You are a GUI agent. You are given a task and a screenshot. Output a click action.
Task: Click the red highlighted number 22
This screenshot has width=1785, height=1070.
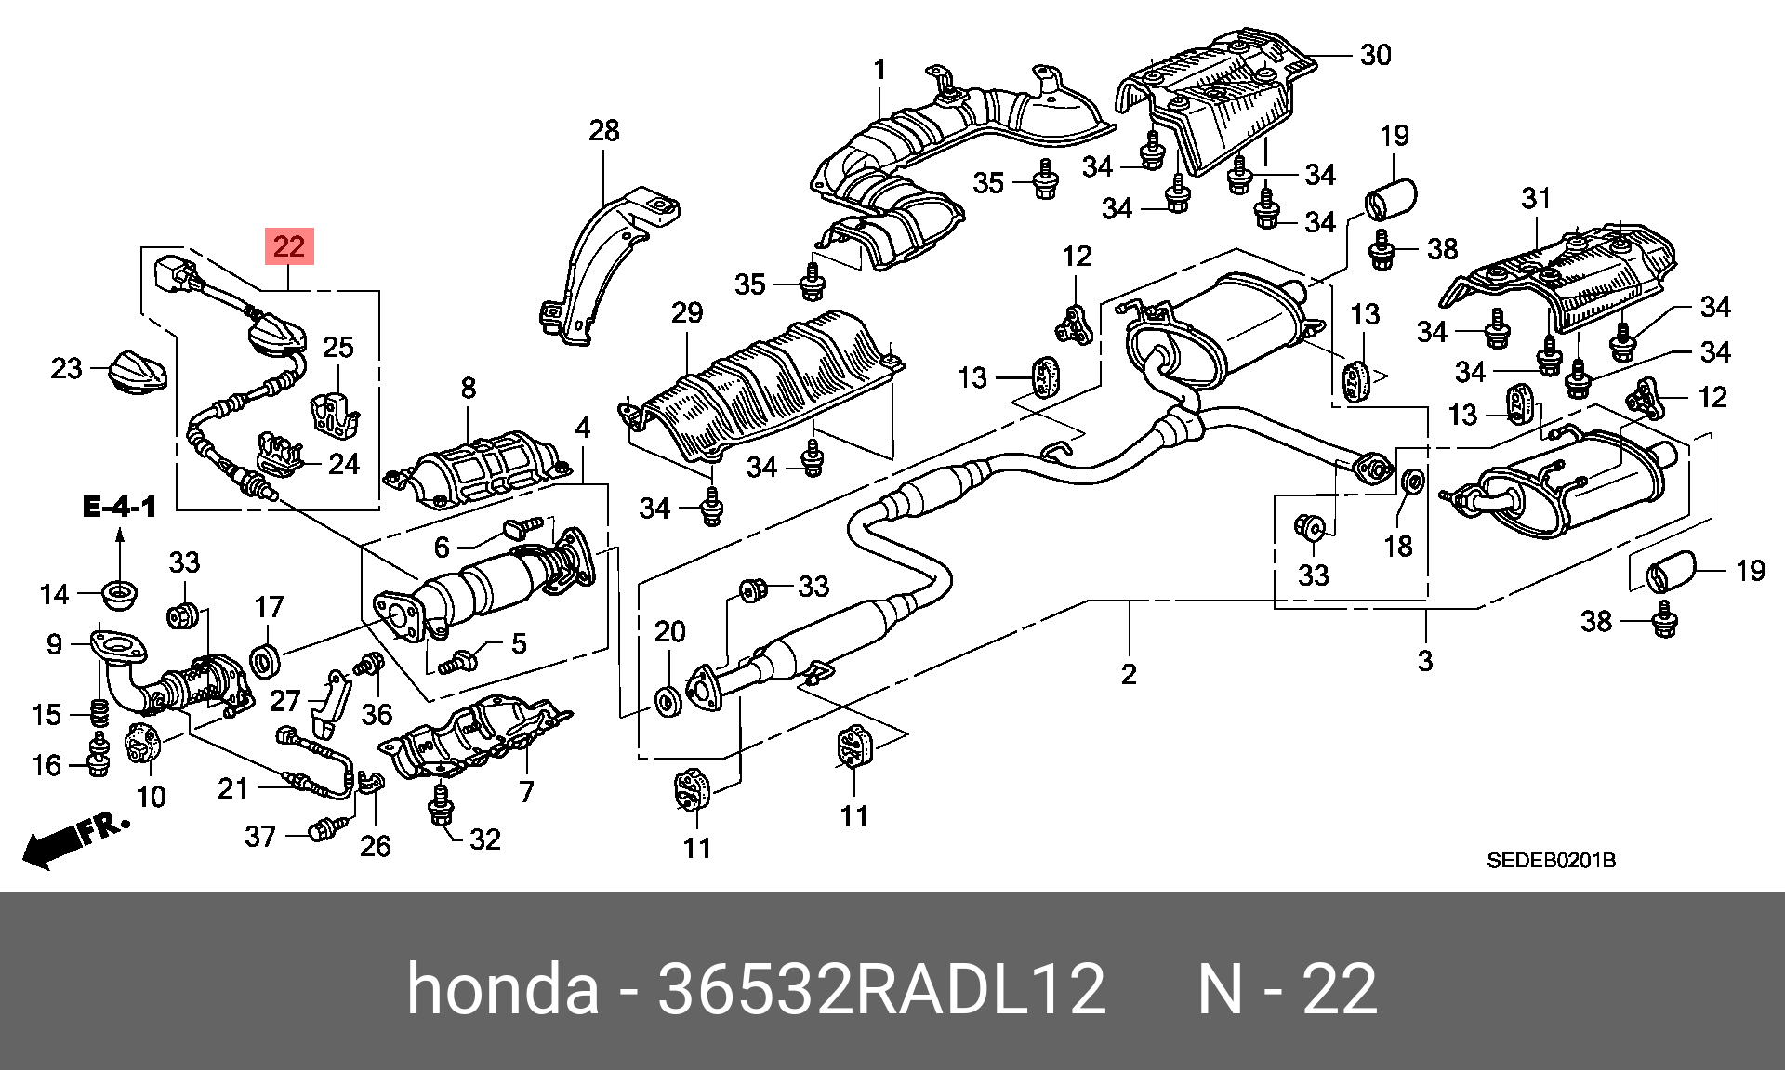tap(289, 246)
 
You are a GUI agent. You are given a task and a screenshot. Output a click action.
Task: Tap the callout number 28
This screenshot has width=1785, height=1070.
tap(603, 131)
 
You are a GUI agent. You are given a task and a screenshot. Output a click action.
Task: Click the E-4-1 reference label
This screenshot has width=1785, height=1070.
tap(119, 507)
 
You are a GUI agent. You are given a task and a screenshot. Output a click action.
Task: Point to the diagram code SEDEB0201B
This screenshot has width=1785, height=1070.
tap(1551, 860)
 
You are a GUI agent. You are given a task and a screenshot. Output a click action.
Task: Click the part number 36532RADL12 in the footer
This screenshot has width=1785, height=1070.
tap(881, 988)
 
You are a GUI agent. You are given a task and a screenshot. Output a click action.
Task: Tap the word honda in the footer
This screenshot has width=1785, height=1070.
tap(503, 988)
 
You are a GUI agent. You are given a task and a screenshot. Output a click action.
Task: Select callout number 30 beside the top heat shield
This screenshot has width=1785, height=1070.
tap(1375, 56)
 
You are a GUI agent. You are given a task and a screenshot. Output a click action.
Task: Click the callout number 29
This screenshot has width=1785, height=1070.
tap(687, 312)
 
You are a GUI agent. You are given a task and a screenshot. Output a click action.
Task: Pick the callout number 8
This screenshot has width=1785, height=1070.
tap(468, 388)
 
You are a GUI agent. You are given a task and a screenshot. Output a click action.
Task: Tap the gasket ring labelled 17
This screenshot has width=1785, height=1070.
tap(266, 661)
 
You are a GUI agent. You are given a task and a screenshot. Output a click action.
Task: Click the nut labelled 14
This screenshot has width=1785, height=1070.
tap(119, 593)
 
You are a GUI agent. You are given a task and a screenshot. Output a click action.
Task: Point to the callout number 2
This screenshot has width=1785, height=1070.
tap(1129, 674)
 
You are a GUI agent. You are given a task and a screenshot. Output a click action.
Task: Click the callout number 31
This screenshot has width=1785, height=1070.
tap(1536, 198)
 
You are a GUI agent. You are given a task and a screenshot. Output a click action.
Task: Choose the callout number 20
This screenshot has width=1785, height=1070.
tap(669, 632)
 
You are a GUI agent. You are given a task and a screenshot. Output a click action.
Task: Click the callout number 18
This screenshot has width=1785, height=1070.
tap(1398, 547)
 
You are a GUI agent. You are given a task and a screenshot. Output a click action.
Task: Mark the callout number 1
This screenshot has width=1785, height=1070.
tap(879, 70)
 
